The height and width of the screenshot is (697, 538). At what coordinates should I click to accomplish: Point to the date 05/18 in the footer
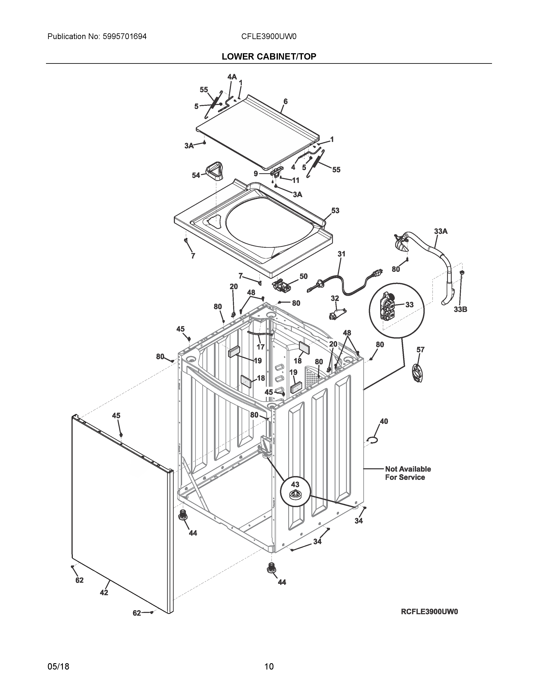click(x=58, y=658)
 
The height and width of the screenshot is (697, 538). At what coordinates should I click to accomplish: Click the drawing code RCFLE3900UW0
click(x=429, y=612)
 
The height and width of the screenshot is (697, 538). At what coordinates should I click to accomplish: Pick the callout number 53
click(x=335, y=211)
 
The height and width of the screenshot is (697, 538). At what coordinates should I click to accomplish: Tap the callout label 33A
click(x=441, y=231)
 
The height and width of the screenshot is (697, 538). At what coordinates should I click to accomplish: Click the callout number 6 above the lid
click(x=285, y=101)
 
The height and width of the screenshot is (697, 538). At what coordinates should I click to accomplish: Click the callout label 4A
click(x=232, y=77)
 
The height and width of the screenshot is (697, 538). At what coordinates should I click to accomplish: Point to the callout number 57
click(x=420, y=350)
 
